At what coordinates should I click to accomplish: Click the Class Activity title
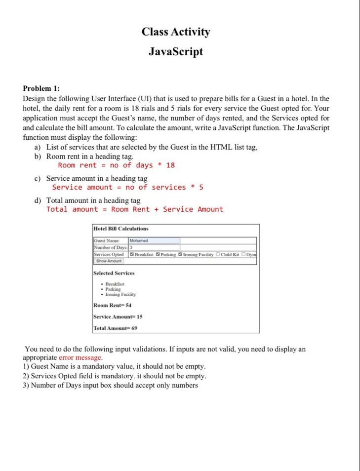pos(176,32)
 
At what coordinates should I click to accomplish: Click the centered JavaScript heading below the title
pos(176,51)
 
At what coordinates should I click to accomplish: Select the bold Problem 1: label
pos(41,88)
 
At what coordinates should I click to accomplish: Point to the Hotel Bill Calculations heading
pos(121,229)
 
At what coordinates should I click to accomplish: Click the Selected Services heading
pos(114,273)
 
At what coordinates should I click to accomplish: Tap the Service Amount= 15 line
pos(118,316)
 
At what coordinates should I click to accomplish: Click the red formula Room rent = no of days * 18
pos(116,165)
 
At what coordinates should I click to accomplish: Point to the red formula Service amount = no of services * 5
pos(127,187)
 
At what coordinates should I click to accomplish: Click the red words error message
pos(80,357)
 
